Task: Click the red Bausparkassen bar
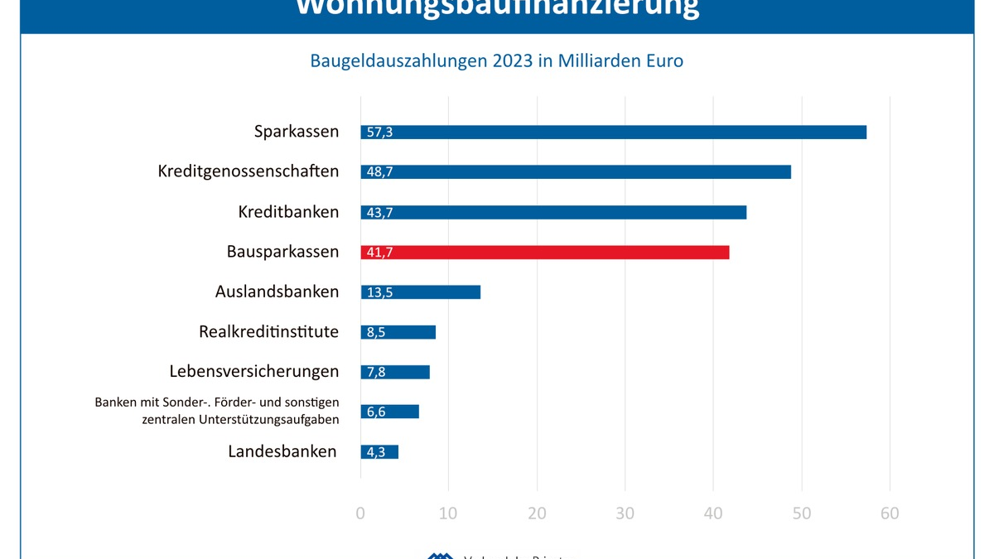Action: pos(545,253)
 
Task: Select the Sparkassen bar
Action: pos(613,133)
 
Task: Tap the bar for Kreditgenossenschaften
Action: pos(576,172)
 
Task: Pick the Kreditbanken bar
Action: pos(553,212)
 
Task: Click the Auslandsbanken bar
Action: pos(421,292)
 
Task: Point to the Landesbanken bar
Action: pos(379,452)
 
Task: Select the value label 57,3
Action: pos(379,133)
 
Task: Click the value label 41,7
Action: pos(379,253)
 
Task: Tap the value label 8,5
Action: pos(376,332)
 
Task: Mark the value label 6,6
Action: pos(376,412)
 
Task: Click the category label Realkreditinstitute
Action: pos(268,332)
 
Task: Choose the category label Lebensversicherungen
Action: pos(254,372)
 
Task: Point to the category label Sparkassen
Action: pos(297,132)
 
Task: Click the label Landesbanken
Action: pos(282,452)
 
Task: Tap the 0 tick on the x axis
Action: pos(360,513)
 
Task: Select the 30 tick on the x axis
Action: pos(625,513)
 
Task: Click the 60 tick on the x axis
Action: pos(890,513)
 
